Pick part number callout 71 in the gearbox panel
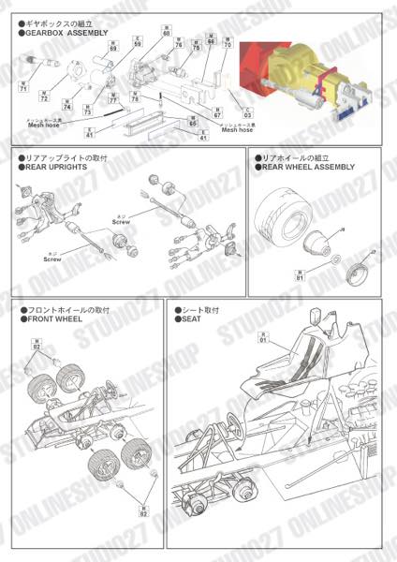(23, 88)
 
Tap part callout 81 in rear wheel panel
(300, 274)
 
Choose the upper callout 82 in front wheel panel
(37, 348)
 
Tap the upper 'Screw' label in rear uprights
(121, 222)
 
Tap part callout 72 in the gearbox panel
(44, 98)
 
